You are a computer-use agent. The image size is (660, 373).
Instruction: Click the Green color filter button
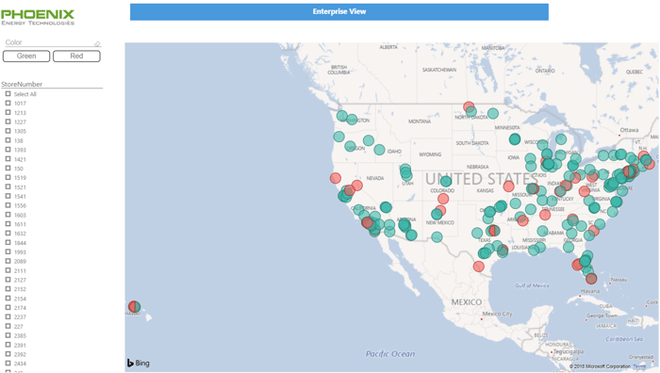pyautogui.click(x=26, y=57)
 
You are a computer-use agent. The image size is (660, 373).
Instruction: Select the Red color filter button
pyautogui.click(x=76, y=57)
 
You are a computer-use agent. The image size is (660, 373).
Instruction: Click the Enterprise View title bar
pyautogui.click(x=338, y=11)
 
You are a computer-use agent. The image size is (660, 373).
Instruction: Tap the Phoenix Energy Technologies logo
pyautogui.click(x=38, y=16)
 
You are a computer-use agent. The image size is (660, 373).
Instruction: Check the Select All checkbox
pyautogui.click(x=8, y=94)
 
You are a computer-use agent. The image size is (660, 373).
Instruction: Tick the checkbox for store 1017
pyautogui.click(x=8, y=104)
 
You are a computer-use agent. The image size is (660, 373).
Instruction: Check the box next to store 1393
pyautogui.click(x=8, y=150)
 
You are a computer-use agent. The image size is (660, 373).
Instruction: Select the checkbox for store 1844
pyautogui.click(x=8, y=243)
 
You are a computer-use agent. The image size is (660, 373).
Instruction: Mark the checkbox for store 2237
pyautogui.click(x=8, y=317)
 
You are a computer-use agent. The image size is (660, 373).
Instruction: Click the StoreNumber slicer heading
pyautogui.click(x=23, y=85)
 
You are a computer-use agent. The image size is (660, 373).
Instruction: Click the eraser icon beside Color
pyautogui.click(x=97, y=43)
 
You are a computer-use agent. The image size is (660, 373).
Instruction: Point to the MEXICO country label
pyautogui.click(x=466, y=302)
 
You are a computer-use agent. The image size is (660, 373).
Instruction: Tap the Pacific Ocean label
pyautogui.click(x=390, y=354)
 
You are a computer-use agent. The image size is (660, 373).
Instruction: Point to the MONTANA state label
pyautogui.click(x=420, y=122)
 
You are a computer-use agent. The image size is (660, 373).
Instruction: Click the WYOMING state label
pyautogui.click(x=430, y=154)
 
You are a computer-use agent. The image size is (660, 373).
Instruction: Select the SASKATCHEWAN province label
pyautogui.click(x=440, y=70)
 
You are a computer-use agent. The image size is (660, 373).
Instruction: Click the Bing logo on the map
pyautogui.click(x=139, y=363)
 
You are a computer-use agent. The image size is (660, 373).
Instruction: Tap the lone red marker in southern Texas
pyautogui.click(x=479, y=267)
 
